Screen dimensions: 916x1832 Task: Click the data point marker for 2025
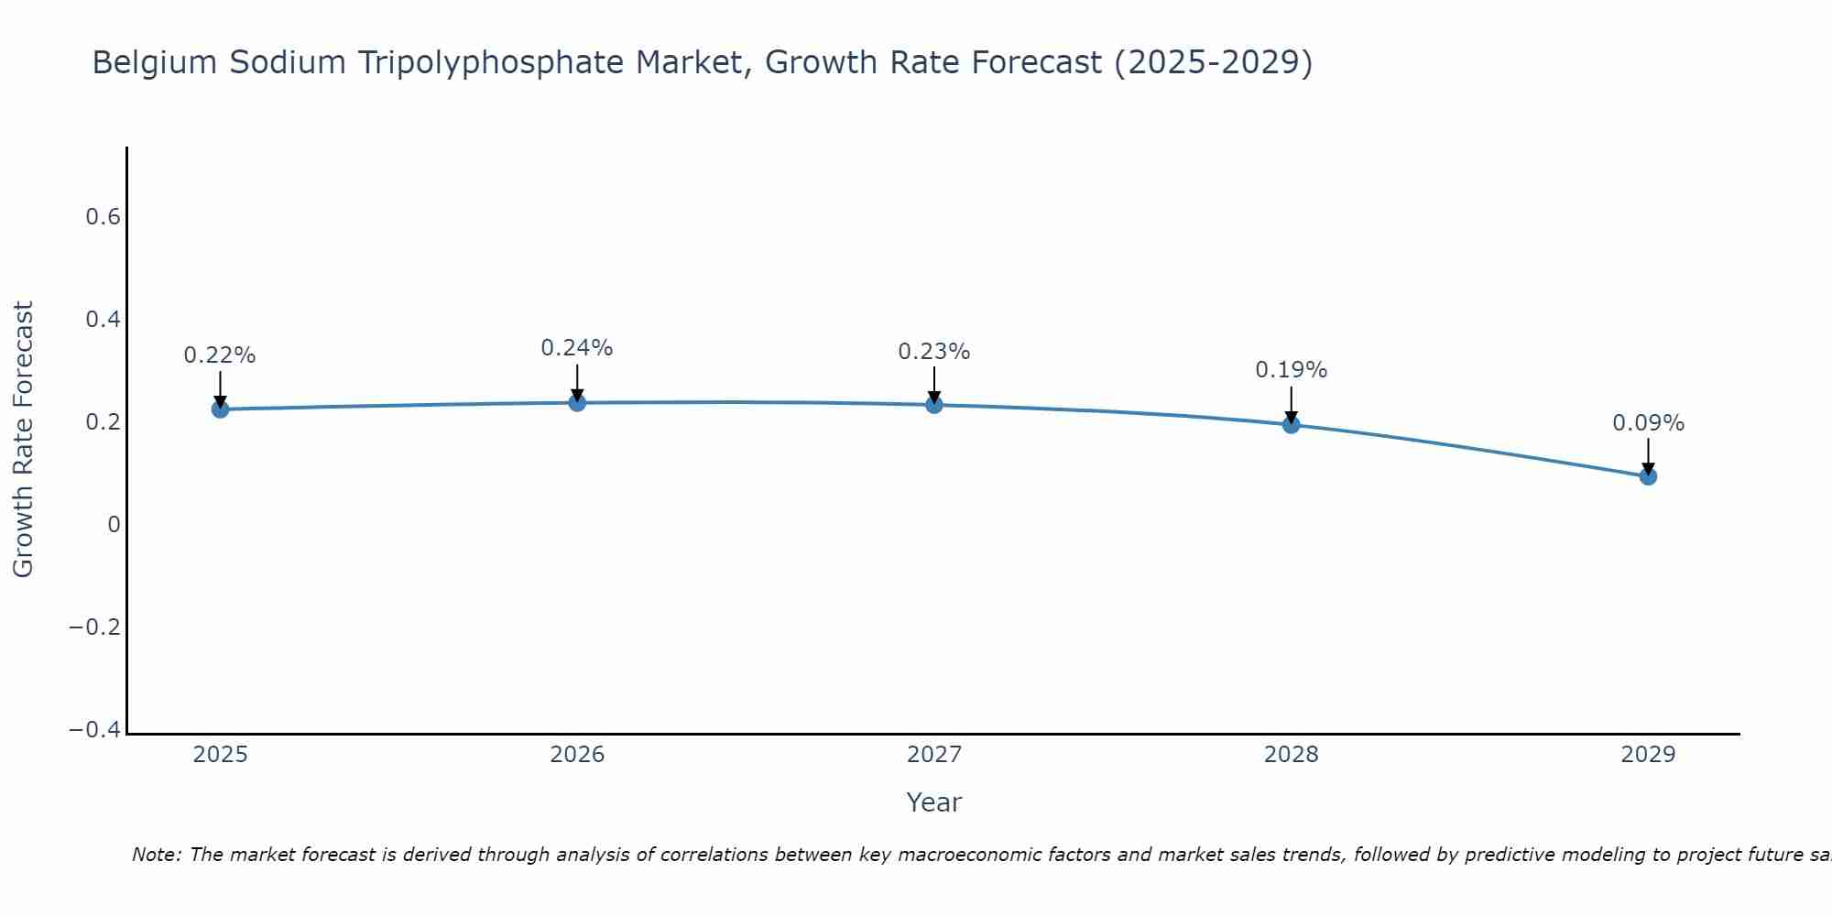(220, 409)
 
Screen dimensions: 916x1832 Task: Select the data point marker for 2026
(577, 402)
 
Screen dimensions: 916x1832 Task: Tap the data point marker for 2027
(934, 405)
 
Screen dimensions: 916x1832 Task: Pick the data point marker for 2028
(1291, 424)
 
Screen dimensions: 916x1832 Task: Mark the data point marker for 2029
(1648, 476)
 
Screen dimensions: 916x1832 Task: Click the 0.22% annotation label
(220, 355)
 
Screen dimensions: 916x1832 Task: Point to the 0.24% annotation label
(577, 348)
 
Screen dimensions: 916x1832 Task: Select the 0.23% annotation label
(934, 352)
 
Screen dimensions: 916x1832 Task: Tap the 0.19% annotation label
(1291, 370)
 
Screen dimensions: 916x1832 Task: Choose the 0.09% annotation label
(1648, 423)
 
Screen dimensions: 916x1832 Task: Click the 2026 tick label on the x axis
(577, 755)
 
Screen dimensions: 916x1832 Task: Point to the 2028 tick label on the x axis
(1291, 755)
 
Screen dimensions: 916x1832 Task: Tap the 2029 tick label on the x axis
(1648, 755)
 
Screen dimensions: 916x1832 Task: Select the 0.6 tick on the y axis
(103, 217)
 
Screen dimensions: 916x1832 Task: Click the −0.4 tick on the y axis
(94, 730)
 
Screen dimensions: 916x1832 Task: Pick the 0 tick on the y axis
(114, 525)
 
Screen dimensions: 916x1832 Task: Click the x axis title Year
(933, 802)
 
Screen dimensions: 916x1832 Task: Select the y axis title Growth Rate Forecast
(23, 439)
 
